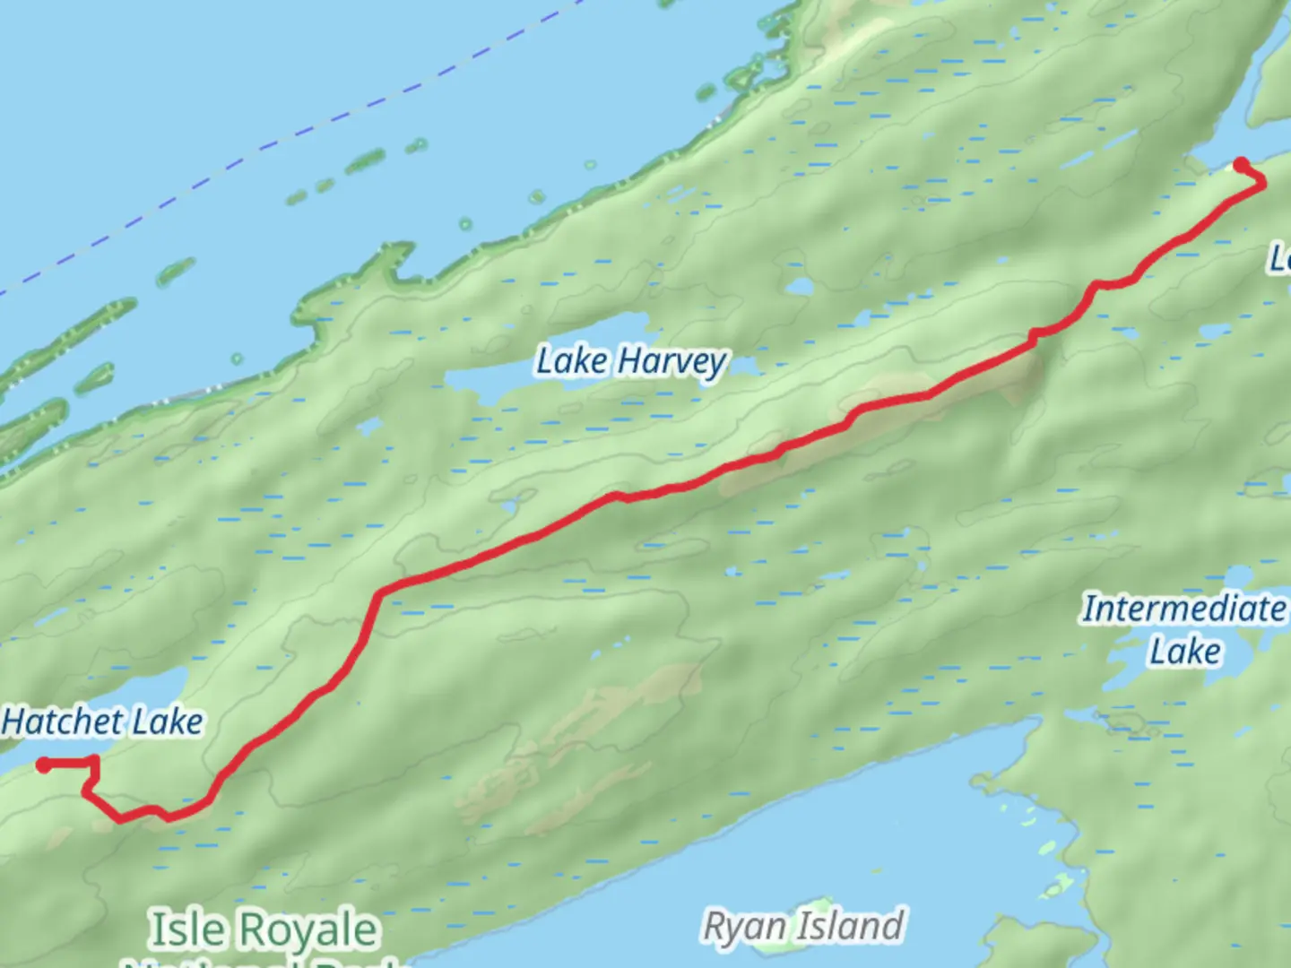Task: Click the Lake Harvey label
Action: (631, 361)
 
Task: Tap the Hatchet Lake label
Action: (102, 722)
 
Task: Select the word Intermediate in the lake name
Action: (1183, 609)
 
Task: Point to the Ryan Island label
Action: (803, 926)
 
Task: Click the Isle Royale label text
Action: (264, 929)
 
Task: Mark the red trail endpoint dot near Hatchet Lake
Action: (43, 765)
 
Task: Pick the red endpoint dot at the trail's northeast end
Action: (1241, 164)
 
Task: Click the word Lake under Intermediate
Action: (1184, 652)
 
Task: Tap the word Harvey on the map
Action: (672, 362)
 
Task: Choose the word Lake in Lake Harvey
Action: (572, 361)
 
